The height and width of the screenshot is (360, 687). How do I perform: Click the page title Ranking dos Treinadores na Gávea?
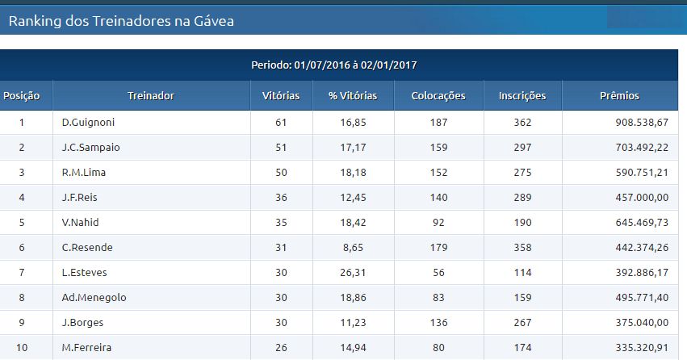(121, 21)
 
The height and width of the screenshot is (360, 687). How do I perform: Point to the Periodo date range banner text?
(334, 65)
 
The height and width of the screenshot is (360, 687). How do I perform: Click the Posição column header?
(22, 96)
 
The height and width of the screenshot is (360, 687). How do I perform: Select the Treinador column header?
(151, 96)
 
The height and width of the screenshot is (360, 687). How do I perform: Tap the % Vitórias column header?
(353, 96)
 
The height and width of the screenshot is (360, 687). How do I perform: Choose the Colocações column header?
(438, 96)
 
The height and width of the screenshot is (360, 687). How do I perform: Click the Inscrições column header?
(522, 96)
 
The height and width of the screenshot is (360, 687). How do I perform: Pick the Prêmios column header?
(619, 96)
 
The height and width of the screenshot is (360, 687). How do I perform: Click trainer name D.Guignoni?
(88, 122)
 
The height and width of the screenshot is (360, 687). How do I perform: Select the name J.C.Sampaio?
(90, 147)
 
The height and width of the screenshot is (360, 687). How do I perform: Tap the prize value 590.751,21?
(642, 173)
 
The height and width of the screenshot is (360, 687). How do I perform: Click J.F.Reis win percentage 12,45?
(353, 198)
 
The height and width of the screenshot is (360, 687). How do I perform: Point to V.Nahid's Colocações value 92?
(438, 223)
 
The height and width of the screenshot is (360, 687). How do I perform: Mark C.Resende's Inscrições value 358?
(522, 248)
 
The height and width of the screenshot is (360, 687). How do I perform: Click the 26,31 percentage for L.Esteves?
(353, 272)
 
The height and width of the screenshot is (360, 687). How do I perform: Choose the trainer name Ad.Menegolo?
(94, 298)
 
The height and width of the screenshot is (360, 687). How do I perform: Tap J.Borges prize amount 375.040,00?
(642, 323)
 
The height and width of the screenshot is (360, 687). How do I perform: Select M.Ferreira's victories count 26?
(281, 348)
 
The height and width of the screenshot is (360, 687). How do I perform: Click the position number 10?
(22, 348)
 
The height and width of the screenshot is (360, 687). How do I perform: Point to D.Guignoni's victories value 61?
(281, 123)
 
